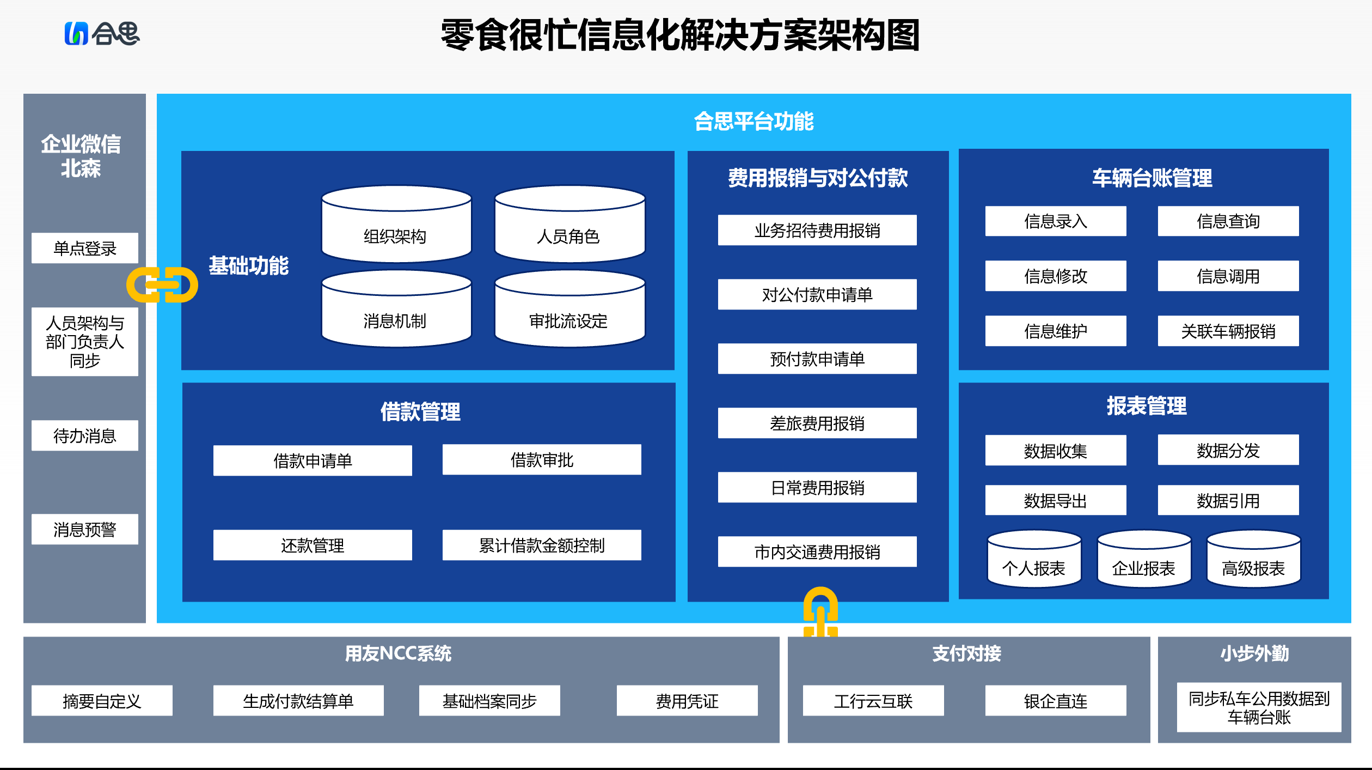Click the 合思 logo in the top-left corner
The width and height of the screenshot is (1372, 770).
102,33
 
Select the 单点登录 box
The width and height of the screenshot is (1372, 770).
84,248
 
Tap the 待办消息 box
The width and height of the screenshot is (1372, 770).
84,435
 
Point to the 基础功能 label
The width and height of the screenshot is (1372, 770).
249,266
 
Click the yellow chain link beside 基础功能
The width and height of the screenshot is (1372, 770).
162,284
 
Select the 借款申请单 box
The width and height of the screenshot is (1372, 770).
313,460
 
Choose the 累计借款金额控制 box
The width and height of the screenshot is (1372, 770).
542,545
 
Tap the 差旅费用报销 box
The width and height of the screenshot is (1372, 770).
817,423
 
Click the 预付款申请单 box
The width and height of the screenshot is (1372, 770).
817,359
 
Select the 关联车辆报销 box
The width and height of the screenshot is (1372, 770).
1228,331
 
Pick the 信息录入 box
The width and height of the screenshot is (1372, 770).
1055,221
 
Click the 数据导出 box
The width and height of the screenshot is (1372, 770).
1055,500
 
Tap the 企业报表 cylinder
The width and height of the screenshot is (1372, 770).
1144,561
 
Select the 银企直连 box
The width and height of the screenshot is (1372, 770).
1055,701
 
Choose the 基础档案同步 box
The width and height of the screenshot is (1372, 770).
489,701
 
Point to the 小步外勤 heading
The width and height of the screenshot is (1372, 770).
1254,653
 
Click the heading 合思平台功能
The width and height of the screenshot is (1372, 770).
754,121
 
